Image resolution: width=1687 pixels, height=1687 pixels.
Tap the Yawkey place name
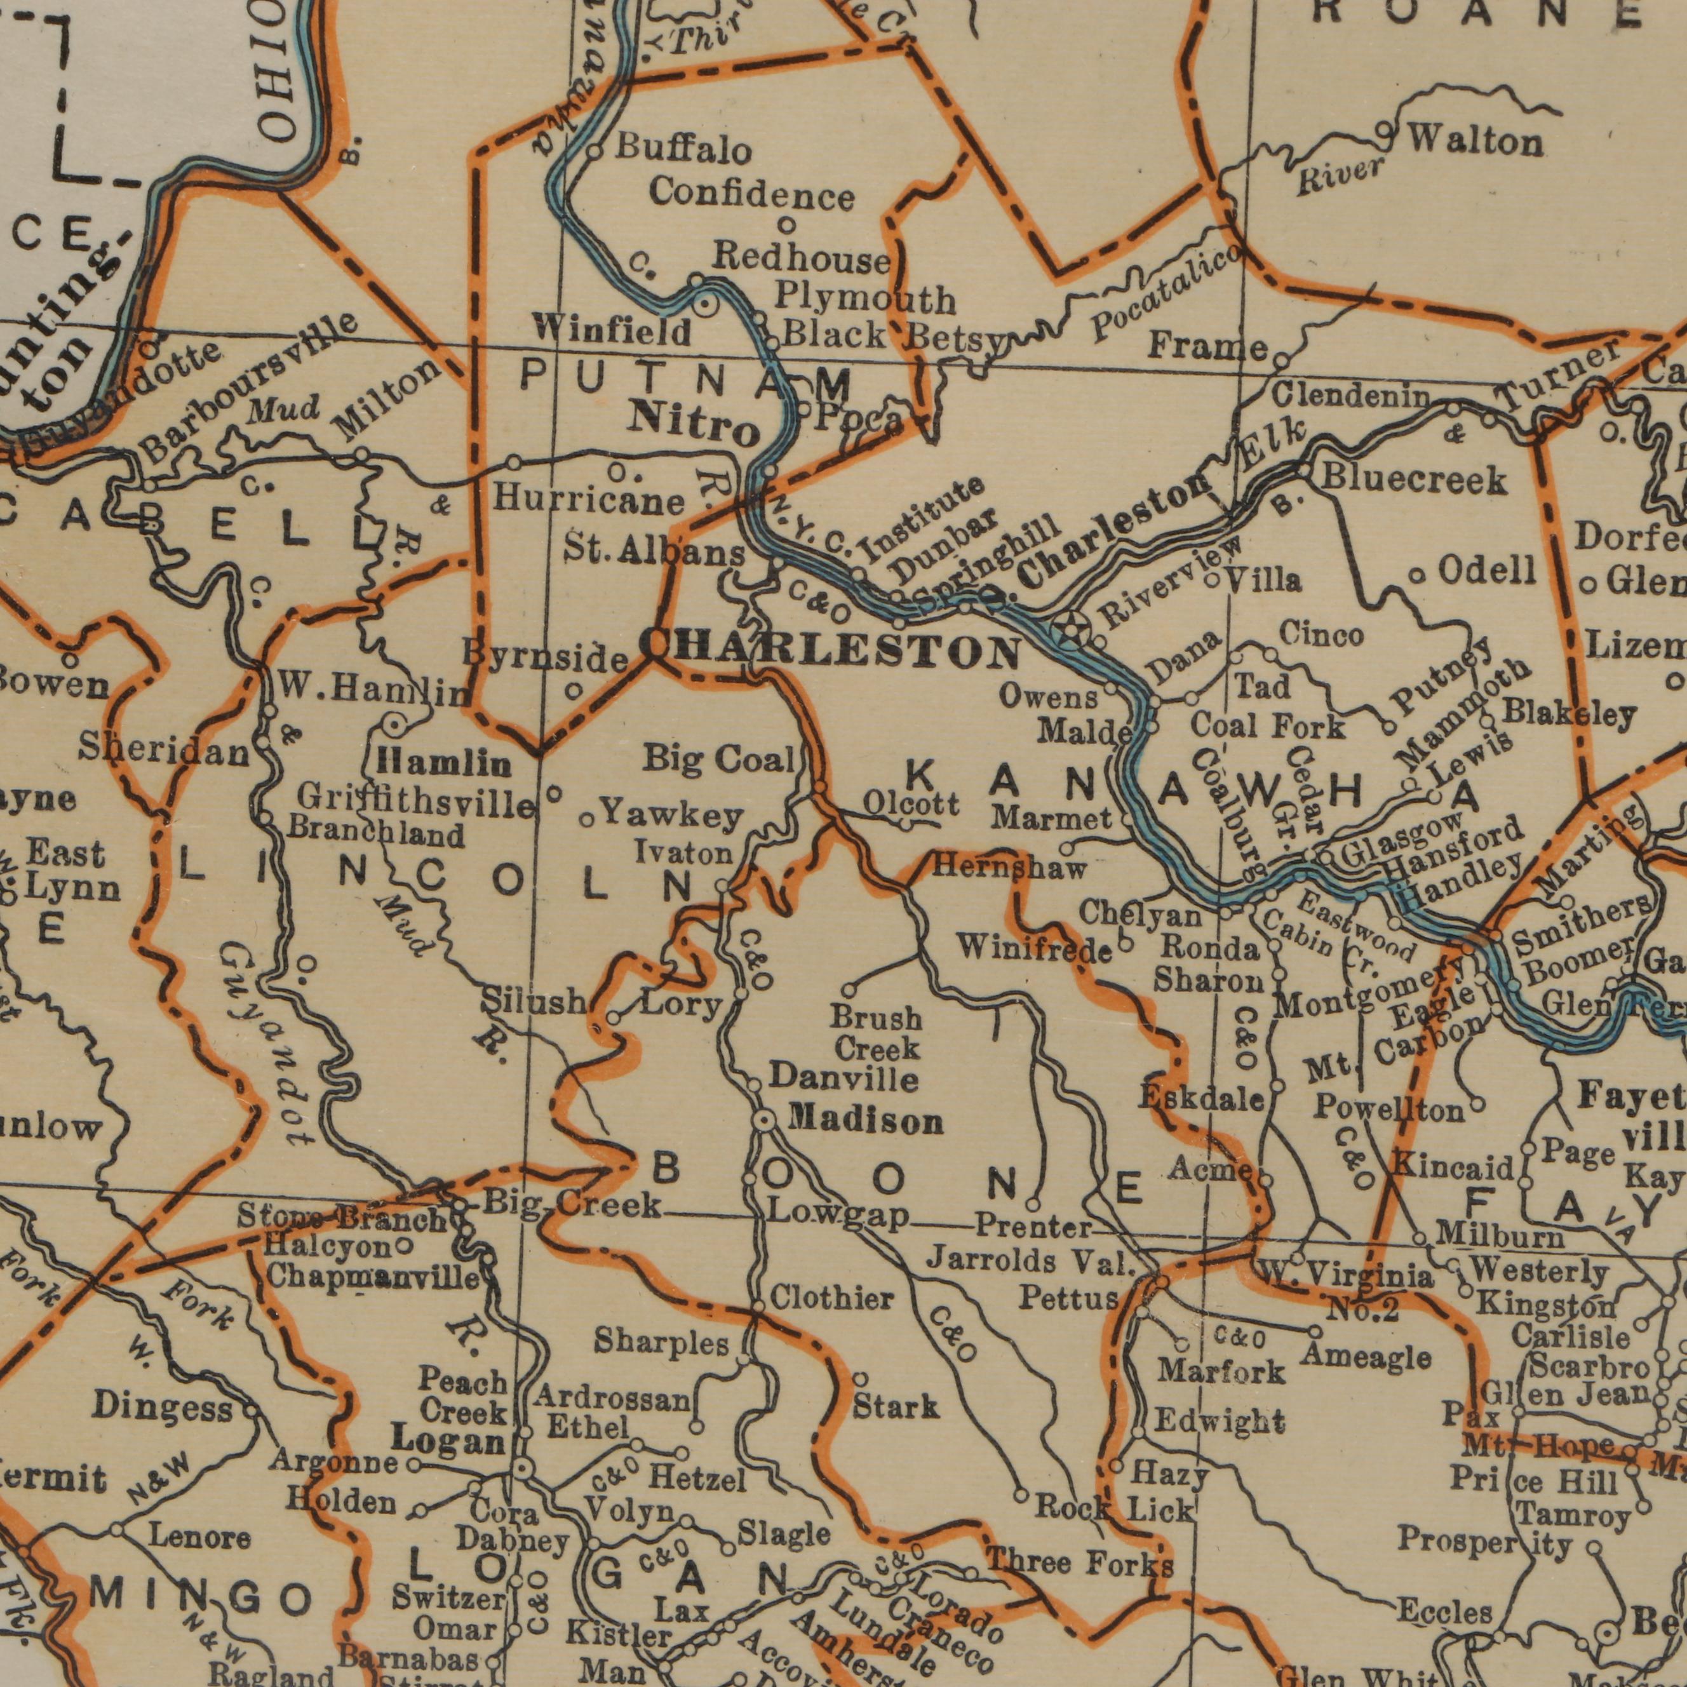673,816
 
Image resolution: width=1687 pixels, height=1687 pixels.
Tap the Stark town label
896,1407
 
